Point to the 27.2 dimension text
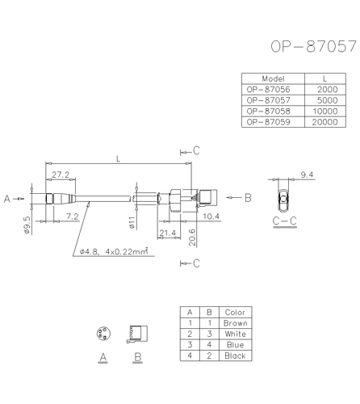tap(60, 174)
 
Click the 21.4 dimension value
tap(168, 234)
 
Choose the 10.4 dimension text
tap(211, 217)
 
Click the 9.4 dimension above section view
tap(307, 175)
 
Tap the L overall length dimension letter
tap(119, 159)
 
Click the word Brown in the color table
tap(236, 323)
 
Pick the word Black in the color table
tap(236, 356)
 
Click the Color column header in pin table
tap(236, 312)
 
